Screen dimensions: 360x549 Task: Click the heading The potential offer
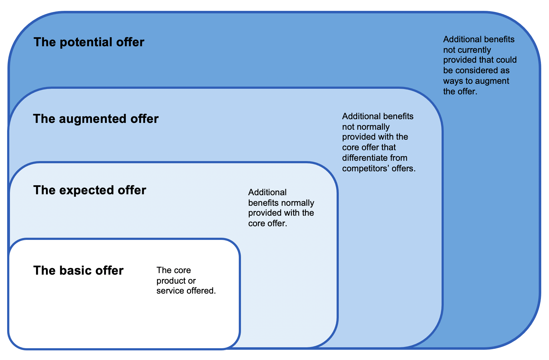pos(89,42)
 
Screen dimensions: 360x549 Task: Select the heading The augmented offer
pos(96,119)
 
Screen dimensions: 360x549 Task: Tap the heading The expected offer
pos(89,190)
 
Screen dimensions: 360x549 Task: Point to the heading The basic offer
pos(78,271)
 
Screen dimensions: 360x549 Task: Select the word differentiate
pos(361,158)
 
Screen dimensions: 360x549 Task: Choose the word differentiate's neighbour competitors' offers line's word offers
pos(404,169)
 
